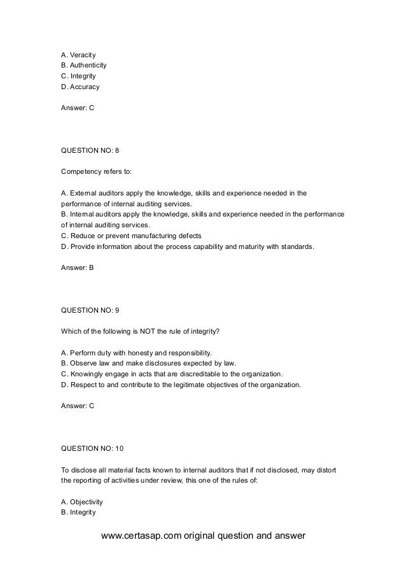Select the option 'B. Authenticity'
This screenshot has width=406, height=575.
coord(83,65)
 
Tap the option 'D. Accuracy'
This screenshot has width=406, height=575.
coord(80,87)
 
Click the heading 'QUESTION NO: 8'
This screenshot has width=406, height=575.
coord(90,151)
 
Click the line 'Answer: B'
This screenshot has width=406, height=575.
coord(77,267)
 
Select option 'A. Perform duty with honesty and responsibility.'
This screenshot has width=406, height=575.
coord(136,352)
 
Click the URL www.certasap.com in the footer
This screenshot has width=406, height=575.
coord(142,536)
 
